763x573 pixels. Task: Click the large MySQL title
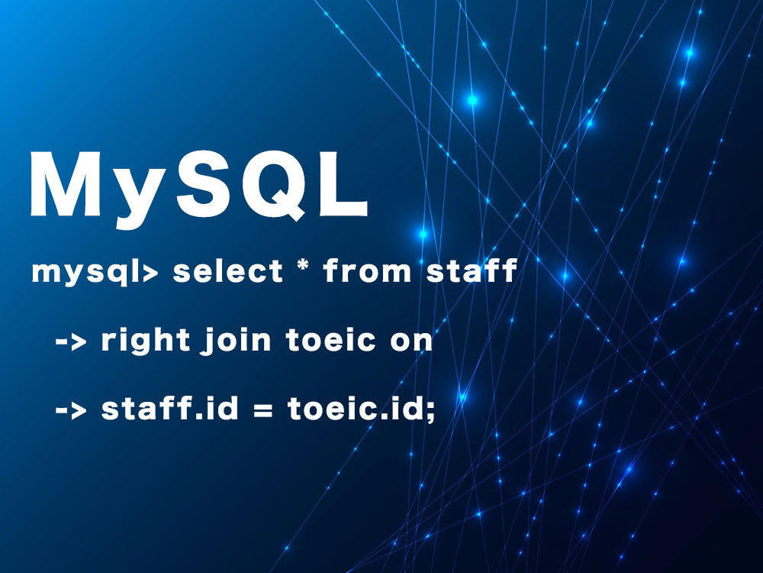coord(198,188)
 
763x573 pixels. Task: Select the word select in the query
coord(227,271)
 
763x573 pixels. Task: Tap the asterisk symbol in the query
coord(303,267)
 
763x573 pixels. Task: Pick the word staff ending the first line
coord(472,271)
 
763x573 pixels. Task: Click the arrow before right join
coord(71,341)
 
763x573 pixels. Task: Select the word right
coord(145,341)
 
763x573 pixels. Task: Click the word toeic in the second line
coord(331,340)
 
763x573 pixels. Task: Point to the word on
coord(411,342)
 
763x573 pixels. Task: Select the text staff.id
coord(170,408)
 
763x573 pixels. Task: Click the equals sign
coord(262,410)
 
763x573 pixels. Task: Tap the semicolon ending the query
coord(430,413)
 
